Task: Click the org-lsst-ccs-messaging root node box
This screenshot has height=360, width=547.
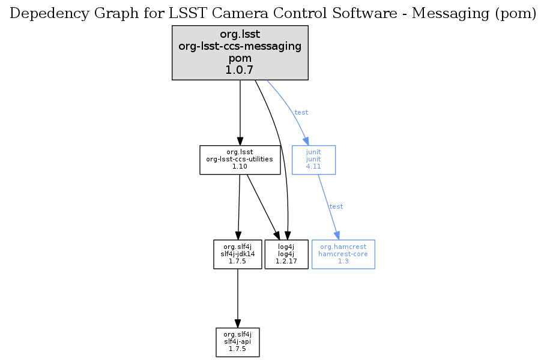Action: pos(240,52)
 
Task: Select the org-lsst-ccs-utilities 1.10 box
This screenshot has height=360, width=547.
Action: pos(240,160)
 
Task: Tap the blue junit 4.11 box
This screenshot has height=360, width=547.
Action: pos(313,160)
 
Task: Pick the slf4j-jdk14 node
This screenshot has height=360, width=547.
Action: pos(238,254)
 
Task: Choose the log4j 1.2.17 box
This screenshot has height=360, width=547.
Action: pos(286,254)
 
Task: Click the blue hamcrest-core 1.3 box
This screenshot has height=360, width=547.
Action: pos(343,254)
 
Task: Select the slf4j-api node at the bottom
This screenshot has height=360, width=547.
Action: pos(237,342)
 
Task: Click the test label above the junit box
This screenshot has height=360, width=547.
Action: pos(301,112)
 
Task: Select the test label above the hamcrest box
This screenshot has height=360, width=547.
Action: pos(336,206)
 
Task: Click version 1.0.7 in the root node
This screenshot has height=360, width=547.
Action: pos(240,70)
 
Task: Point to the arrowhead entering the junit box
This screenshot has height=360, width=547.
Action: pos(306,141)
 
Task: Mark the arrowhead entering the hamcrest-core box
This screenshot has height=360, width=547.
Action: pos(337,235)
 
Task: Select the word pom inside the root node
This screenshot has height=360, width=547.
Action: pos(240,58)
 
